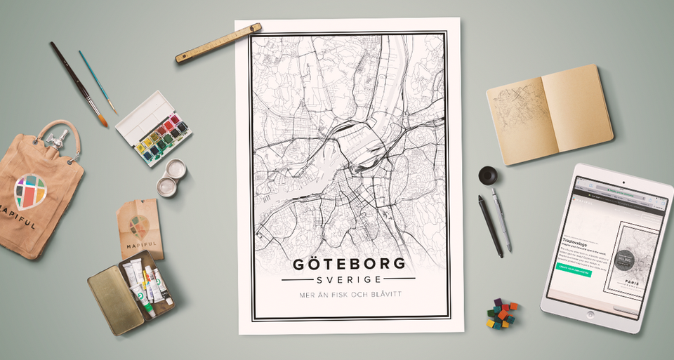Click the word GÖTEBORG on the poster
point(348,264)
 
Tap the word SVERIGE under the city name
point(348,279)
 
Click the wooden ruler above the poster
point(218,44)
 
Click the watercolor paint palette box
point(153,128)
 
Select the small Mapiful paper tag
point(140,227)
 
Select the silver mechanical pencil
point(501,219)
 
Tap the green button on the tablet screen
point(574,268)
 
